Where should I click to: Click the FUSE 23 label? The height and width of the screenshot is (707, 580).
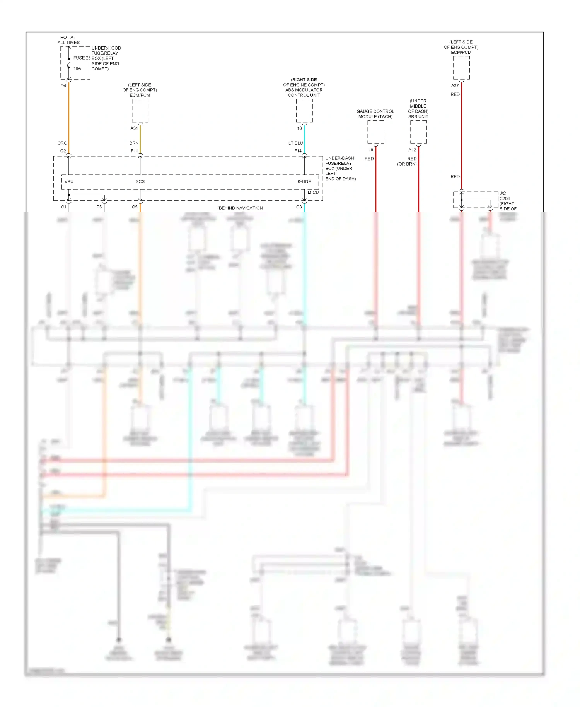pos(82,58)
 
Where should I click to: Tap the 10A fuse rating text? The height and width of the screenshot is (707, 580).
pos(77,68)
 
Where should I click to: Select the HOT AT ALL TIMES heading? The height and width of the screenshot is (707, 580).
pos(68,40)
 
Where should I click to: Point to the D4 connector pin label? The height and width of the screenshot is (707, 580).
pos(63,86)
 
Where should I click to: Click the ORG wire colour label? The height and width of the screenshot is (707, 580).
pos(62,143)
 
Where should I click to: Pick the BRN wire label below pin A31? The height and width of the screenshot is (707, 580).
pos(134,143)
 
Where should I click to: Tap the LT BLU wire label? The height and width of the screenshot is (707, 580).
pos(295,143)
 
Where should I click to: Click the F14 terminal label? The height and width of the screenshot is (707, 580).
pos(298,151)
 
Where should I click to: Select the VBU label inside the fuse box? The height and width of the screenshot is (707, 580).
pos(69,181)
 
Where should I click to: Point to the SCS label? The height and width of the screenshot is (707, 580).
pos(140,181)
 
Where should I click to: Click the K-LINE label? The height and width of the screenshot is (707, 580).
pos(304,181)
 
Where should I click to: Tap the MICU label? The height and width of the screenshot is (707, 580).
pos(313,193)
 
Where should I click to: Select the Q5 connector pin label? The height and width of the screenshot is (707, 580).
pos(135,207)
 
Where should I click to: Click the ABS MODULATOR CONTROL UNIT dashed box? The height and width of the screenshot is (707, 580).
pos(304,111)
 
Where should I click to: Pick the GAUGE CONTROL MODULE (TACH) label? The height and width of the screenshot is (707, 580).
pos(375,114)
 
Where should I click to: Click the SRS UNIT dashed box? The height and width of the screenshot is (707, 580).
pos(418,131)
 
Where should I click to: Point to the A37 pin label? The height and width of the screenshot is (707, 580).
pos(455,86)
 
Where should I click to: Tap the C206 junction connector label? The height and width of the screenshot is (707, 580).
pos(504,198)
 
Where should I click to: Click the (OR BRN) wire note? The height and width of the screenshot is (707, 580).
pos(407,164)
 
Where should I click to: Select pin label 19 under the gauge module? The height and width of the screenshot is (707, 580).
pos(371,150)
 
